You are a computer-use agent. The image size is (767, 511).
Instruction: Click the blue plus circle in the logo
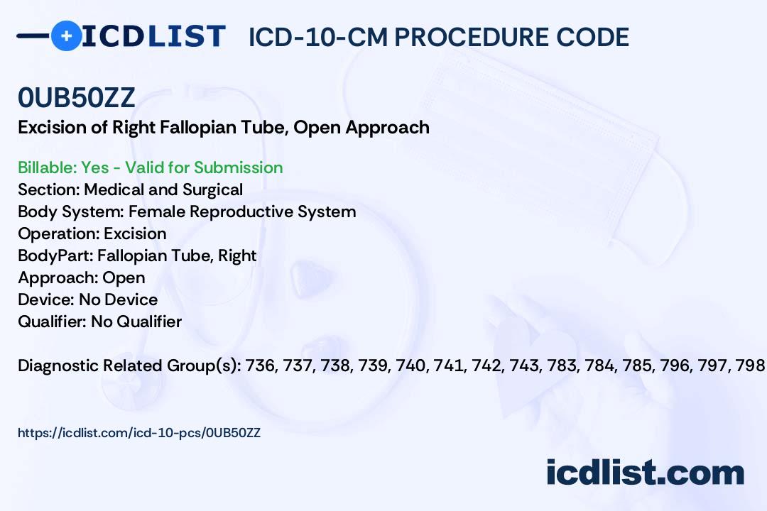pos(67,35)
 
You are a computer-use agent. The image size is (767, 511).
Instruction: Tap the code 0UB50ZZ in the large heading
pos(76,98)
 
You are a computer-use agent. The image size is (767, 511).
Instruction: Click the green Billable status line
pos(150,167)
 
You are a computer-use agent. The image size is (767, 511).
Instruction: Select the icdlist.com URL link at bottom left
pos(139,433)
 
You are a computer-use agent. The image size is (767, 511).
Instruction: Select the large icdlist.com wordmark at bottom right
pos(645,472)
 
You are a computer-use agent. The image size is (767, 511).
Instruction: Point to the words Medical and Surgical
pos(163,189)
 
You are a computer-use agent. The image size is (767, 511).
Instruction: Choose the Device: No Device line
pos(88,300)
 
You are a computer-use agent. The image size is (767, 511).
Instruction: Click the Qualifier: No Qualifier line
pos(100,322)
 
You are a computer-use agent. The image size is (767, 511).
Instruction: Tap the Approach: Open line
pos(82,278)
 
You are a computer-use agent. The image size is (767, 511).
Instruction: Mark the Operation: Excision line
pos(92,233)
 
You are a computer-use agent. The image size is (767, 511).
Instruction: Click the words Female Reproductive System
pos(242,211)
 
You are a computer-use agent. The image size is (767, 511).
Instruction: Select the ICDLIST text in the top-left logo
pos(153,36)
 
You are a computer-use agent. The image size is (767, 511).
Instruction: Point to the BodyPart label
pos(55,255)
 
